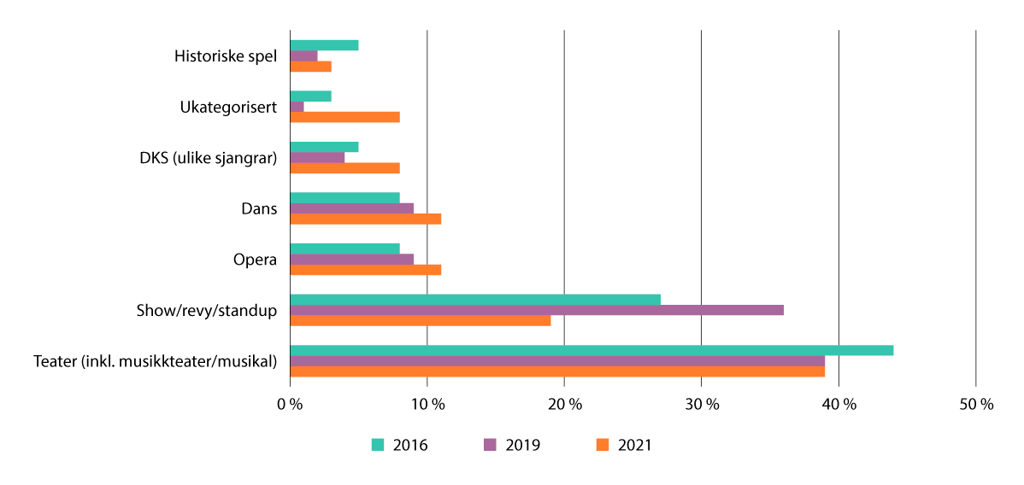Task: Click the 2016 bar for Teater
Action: pyautogui.click(x=591, y=350)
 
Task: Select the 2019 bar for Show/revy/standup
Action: pyautogui.click(x=537, y=310)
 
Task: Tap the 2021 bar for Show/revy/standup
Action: pyautogui.click(x=420, y=321)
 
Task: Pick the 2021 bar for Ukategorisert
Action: pyautogui.click(x=344, y=117)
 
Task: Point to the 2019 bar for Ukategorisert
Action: pyautogui.click(x=297, y=107)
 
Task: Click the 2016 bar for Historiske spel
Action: pyautogui.click(x=324, y=45)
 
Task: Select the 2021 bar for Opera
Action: pyautogui.click(x=365, y=270)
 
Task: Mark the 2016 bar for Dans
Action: pyautogui.click(x=344, y=198)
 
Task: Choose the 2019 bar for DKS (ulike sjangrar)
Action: pyautogui.click(x=317, y=157)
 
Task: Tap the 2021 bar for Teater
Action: pyautogui.click(x=557, y=371)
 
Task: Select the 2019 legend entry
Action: pyautogui.click(x=512, y=445)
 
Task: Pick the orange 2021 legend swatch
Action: pyautogui.click(x=602, y=445)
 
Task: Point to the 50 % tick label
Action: pyautogui.click(x=975, y=406)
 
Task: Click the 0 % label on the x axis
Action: pyautogui.click(x=290, y=406)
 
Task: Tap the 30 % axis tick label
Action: pyautogui.click(x=701, y=406)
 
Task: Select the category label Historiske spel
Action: pyautogui.click(x=226, y=56)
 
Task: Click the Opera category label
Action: pyautogui.click(x=255, y=260)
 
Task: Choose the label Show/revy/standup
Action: pyautogui.click(x=206, y=310)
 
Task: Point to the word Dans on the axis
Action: pyautogui.click(x=260, y=208)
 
